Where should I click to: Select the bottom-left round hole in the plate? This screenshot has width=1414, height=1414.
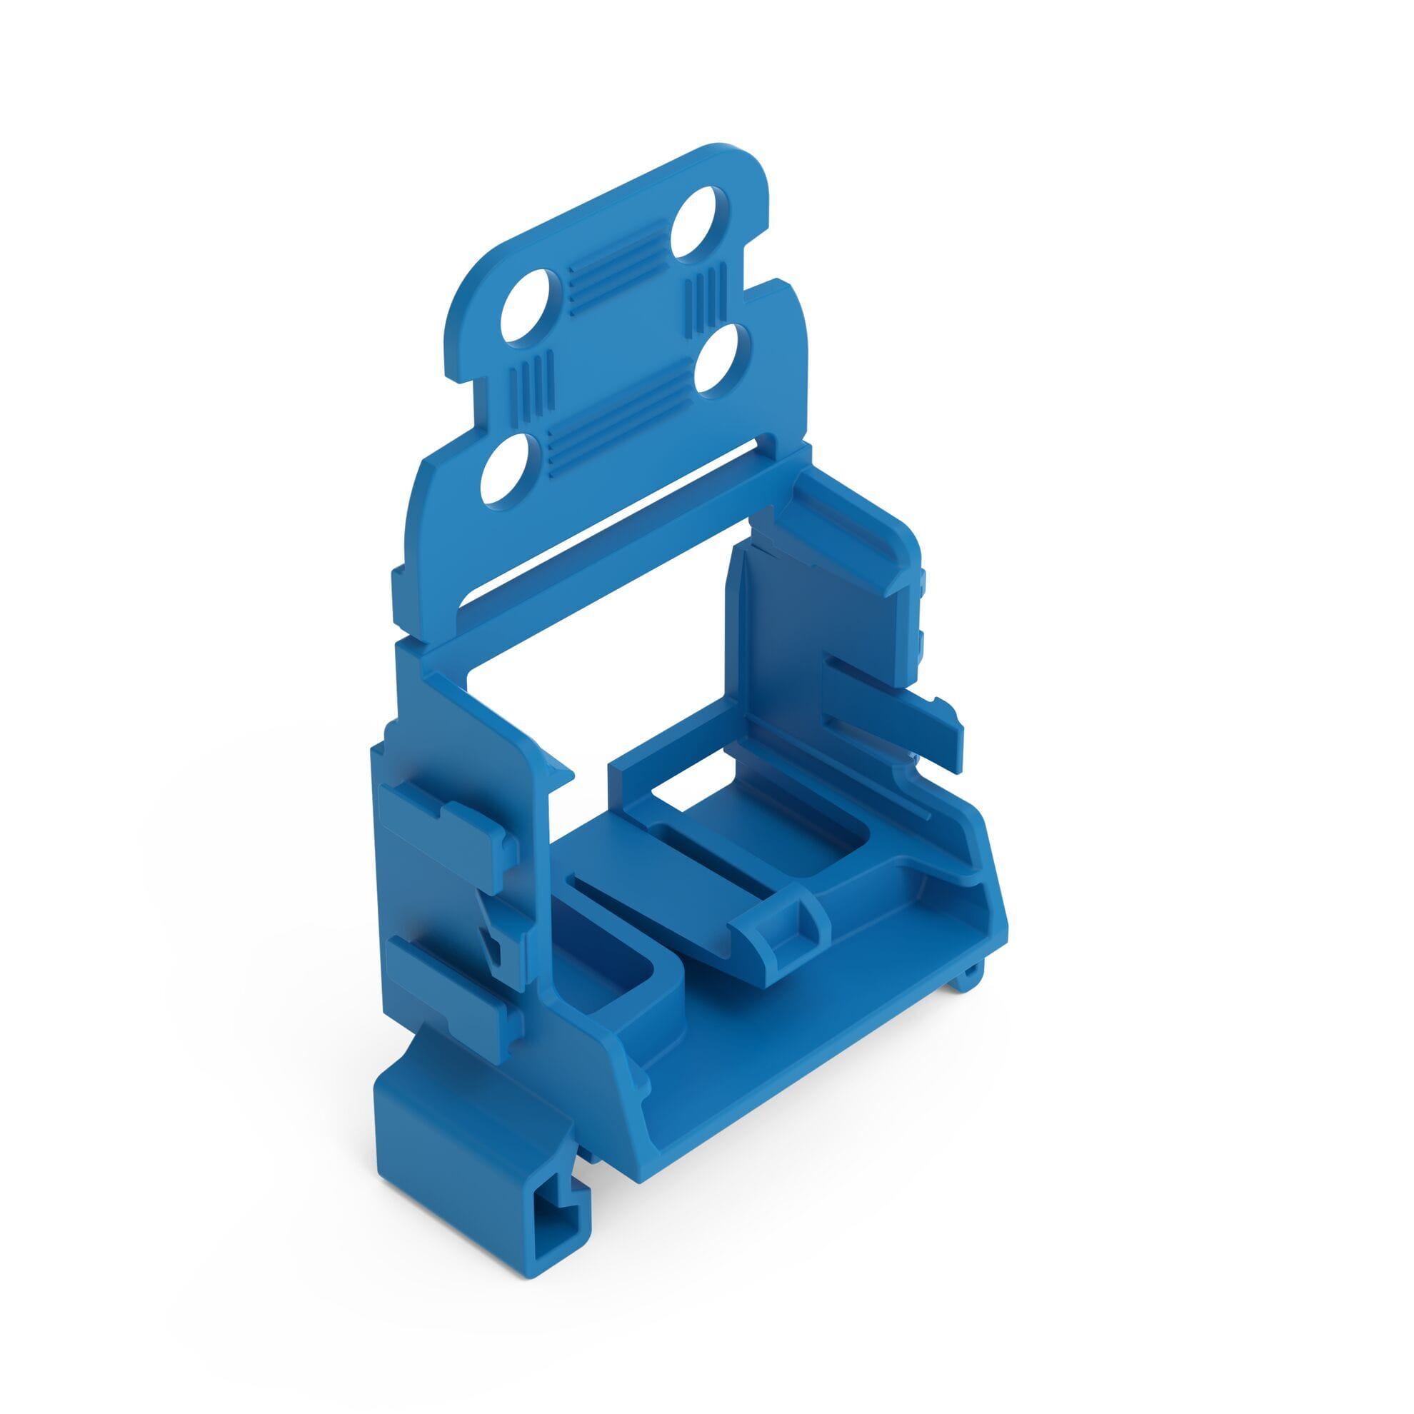[509, 467]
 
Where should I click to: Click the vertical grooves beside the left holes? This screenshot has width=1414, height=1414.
[530, 388]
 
